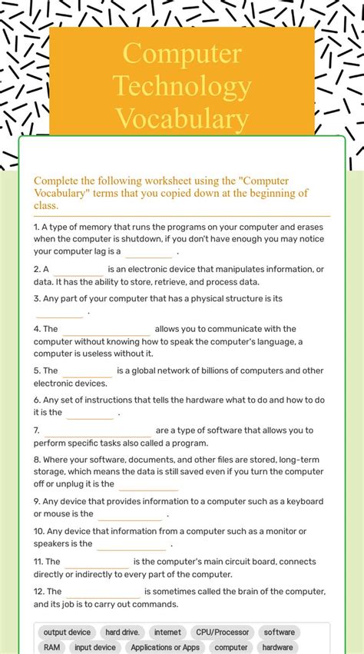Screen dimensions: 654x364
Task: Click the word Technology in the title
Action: point(181,87)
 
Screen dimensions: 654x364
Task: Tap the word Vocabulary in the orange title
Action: point(181,120)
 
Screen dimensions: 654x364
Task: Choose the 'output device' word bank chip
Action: point(67,632)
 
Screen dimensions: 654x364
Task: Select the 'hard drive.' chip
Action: point(123,632)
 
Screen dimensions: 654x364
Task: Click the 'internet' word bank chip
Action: point(167,632)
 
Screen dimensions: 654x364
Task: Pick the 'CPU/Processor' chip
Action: point(222,632)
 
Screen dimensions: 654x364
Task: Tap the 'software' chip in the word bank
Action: point(279,632)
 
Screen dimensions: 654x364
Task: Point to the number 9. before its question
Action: point(37,502)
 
